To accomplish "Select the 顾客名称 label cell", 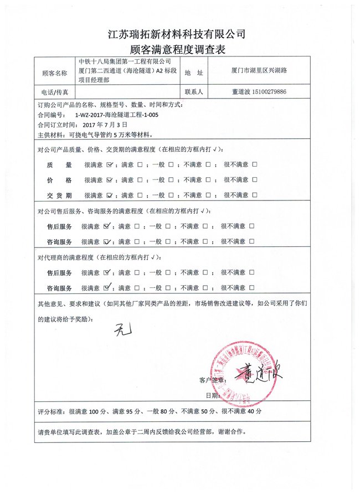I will tap(54, 73).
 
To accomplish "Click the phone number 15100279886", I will tap(268, 92).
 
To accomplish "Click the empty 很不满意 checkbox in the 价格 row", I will tap(255, 180).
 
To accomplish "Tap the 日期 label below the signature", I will tap(213, 395).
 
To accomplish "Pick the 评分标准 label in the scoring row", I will tap(52, 412).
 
